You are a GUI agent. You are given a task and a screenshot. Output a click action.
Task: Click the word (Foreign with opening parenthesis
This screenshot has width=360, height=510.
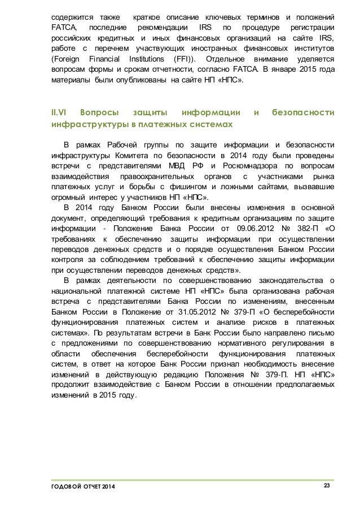(x=65, y=59)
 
